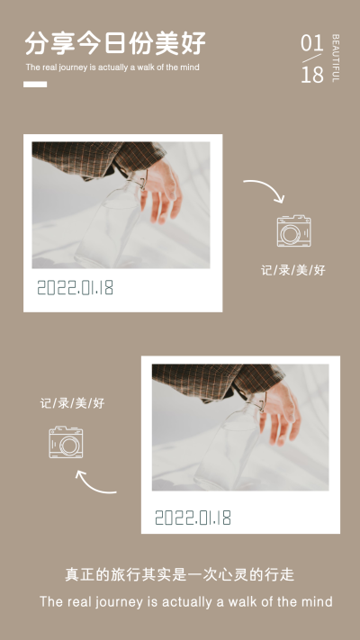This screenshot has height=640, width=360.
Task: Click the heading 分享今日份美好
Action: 115,43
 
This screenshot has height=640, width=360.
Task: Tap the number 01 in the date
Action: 311,43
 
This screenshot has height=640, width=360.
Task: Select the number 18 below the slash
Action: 312,75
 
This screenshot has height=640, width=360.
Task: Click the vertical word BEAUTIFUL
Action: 336,58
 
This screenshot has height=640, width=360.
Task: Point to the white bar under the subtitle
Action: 35,85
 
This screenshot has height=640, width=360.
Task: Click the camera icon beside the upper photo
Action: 294,230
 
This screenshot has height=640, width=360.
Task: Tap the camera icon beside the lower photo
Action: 66,442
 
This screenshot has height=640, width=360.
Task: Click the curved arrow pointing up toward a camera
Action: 91,487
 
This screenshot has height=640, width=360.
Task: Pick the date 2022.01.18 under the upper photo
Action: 75,288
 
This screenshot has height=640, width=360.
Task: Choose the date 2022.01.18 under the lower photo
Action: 193,518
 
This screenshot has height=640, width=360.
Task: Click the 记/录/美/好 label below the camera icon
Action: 293,270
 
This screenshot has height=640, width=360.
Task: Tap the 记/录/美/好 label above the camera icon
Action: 72,403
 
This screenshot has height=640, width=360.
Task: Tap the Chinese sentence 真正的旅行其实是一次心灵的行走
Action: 180,574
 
